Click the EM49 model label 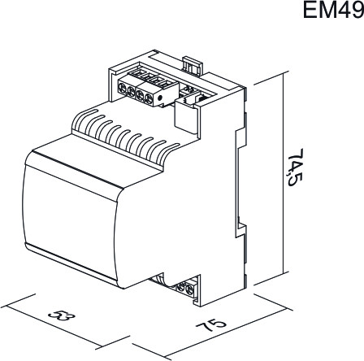(x=333, y=10)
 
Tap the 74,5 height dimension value (x=294, y=167)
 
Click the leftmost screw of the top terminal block (x=123, y=88)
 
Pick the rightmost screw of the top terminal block (x=149, y=99)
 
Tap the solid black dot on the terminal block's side (x=160, y=98)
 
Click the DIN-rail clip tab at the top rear (x=193, y=65)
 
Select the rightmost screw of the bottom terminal (x=190, y=290)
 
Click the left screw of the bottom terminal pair (x=181, y=287)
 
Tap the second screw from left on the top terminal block (x=131, y=92)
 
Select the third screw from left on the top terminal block (x=140, y=95)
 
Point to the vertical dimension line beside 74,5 (x=284, y=172)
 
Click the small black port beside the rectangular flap (x=201, y=98)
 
